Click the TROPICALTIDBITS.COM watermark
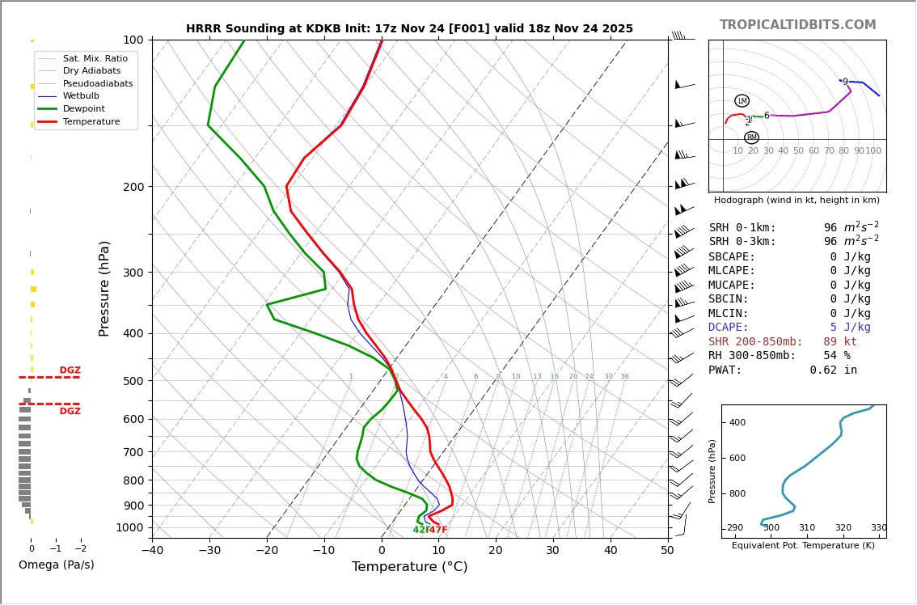pos(797,25)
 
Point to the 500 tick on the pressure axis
pos(133,381)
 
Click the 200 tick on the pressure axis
pos(133,187)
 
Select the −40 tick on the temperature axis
pos(152,551)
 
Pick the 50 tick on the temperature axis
pos(667,551)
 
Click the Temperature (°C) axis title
pos(409,567)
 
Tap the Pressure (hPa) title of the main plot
pos(104,288)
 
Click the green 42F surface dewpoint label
pos(420,530)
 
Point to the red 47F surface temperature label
pos(438,530)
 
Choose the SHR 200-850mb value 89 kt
pos(840,342)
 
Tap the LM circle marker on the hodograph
pos(742,101)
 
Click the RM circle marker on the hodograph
pos(751,137)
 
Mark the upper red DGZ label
pos(70,370)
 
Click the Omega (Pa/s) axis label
pos(56,565)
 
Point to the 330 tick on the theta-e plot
pos(878,528)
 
